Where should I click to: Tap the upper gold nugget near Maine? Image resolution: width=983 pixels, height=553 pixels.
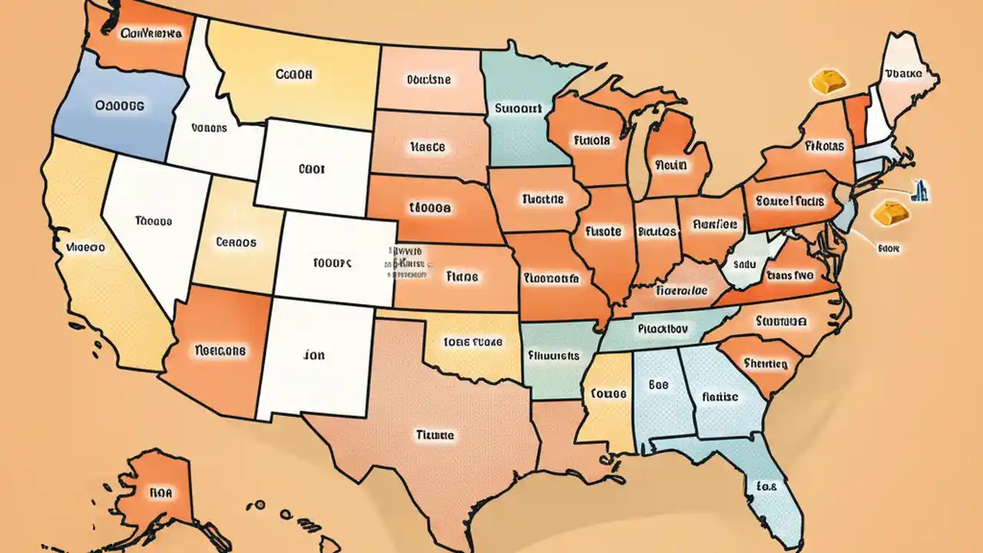826,81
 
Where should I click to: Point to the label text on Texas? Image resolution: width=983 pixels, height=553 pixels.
435,435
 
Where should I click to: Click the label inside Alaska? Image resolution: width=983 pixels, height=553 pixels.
161,492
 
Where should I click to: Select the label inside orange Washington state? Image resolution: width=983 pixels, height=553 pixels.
151,34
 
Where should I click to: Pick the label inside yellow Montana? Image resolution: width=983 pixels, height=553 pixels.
293,75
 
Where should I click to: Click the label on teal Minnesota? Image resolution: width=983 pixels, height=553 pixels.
518,109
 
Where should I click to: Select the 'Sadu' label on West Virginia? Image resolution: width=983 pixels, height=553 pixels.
745,263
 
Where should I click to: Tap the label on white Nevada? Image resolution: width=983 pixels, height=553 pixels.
153,221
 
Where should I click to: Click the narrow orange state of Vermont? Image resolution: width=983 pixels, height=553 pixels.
856,119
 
